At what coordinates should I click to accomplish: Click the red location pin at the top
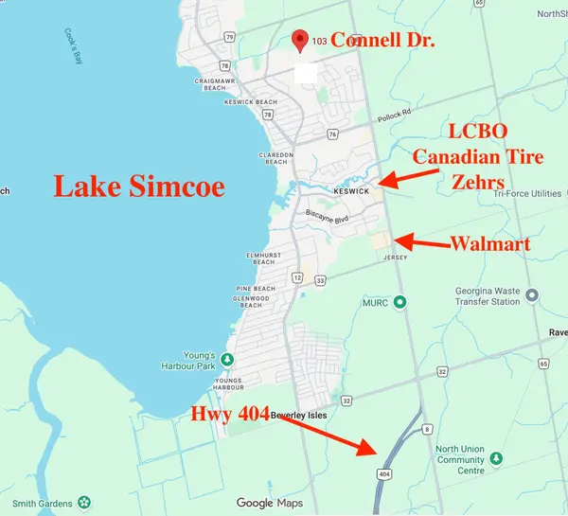[x=301, y=39]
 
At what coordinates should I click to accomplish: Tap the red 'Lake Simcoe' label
[x=139, y=186]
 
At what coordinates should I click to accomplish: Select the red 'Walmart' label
[x=488, y=243]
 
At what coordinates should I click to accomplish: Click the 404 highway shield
[x=383, y=472]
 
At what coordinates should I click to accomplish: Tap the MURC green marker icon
[x=399, y=302]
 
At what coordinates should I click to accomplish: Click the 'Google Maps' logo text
[x=270, y=503]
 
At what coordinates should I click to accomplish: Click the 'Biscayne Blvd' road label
[x=328, y=214]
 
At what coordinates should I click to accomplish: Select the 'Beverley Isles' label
[x=300, y=416]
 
